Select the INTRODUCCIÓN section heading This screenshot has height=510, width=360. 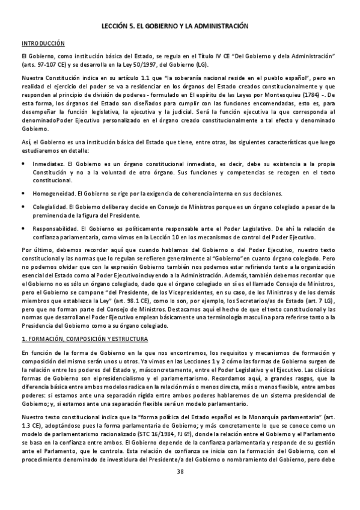[x=43, y=44]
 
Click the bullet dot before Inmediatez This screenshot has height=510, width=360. [x=23, y=163]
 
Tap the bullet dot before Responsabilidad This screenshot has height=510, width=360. [x=23, y=229]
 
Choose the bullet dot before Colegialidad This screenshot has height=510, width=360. [x=23, y=206]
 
